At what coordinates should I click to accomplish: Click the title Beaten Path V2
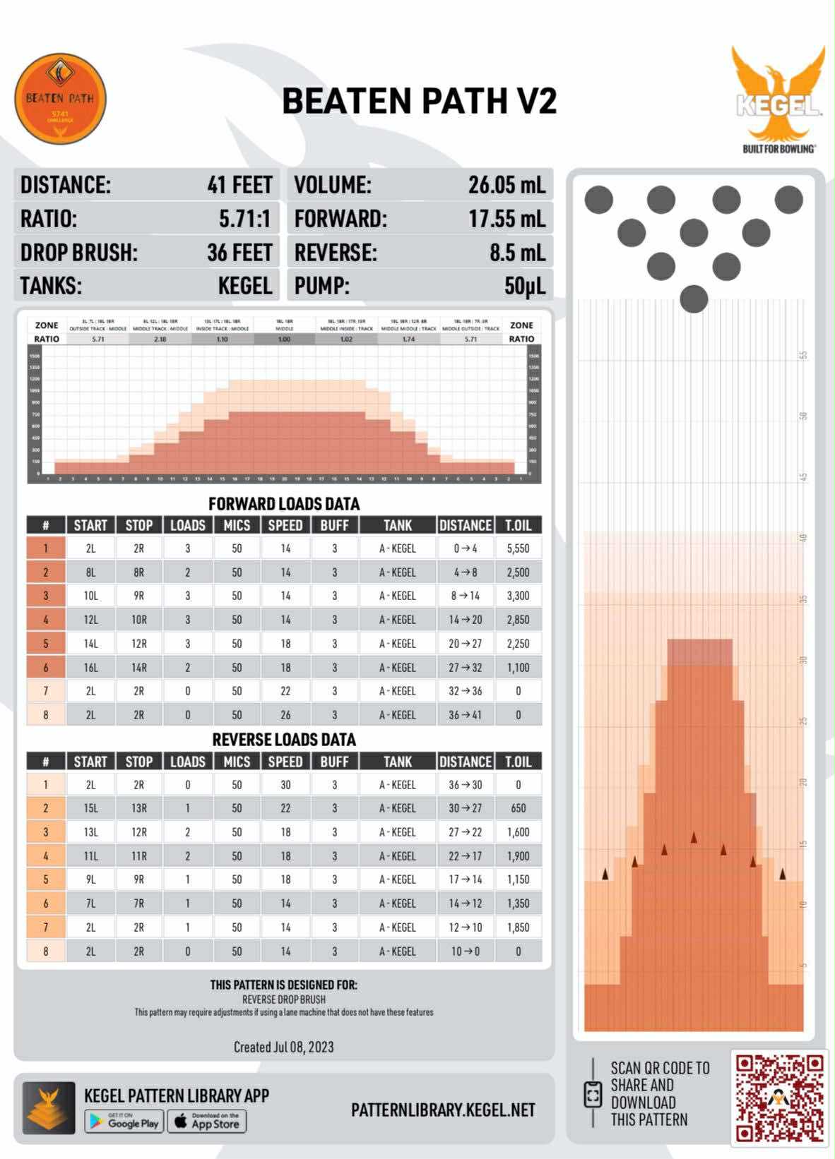click(419, 101)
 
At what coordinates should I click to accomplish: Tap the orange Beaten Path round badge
click(60, 99)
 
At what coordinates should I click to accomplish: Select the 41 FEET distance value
click(239, 185)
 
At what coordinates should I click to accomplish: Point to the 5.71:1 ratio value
click(244, 219)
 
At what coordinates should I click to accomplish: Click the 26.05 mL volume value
click(507, 185)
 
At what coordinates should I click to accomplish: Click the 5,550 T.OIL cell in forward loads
click(518, 548)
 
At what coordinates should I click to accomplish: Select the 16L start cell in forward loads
click(90, 668)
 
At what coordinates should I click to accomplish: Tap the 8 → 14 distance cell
click(465, 596)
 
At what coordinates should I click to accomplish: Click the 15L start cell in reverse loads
click(90, 808)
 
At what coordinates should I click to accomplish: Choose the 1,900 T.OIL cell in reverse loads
click(518, 856)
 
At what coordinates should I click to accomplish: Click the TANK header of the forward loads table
click(397, 525)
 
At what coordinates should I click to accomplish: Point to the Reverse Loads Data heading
click(284, 740)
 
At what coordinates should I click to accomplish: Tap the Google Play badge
click(124, 1122)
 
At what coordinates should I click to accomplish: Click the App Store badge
click(207, 1122)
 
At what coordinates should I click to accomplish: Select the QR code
click(779, 1099)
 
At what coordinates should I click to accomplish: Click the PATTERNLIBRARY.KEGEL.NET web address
click(443, 1110)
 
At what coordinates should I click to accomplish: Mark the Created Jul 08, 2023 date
click(283, 1047)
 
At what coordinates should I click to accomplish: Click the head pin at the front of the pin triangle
click(694, 299)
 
